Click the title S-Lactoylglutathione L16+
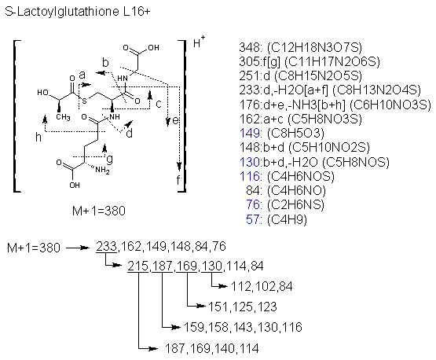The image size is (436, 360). pyautogui.click(x=78, y=12)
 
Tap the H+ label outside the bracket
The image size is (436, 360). pyautogui.click(x=199, y=42)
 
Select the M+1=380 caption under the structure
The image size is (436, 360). pyautogui.click(x=99, y=211)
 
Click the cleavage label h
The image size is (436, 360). pyautogui.click(x=38, y=137)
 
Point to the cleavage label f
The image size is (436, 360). pyautogui.click(x=178, y=180)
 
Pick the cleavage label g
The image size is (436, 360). pyautogui.click(x=110, y=159)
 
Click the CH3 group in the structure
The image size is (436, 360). pyautogui.click(x=63, y=117)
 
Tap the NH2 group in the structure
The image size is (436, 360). pyautogui.click(x=102, y=170)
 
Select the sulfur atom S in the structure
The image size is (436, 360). pyautogui.click(x=85, y=101)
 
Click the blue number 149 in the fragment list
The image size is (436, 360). pyautogui.click(x=250, y=133)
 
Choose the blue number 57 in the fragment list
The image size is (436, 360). pyautogui.click(x=253, y=219)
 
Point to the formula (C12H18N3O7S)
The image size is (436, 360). pyautogui.click(x=314, y=48)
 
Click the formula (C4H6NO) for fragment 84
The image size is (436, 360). pyautogui.click(x=296, y=190)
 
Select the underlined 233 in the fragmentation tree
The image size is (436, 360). pyautogui.click(x=107, y=247)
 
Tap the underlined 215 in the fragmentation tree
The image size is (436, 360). pyautogui.click(x=138, y=266)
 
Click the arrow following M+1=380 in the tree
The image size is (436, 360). pyautogui.click(x=77, y=248)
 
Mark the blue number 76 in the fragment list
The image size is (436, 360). pyautogui.click(x=253, y=205)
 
